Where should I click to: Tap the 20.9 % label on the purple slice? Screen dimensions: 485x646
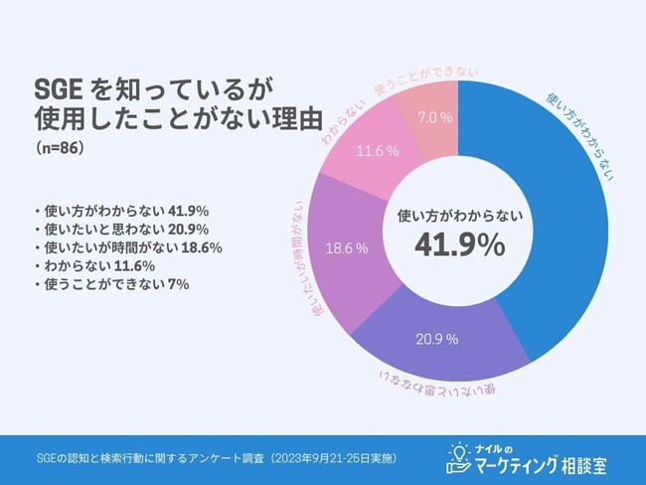[437, 339]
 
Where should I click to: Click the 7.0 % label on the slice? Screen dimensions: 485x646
[435, 117]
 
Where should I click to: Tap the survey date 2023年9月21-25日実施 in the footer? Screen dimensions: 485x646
[332, 458]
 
